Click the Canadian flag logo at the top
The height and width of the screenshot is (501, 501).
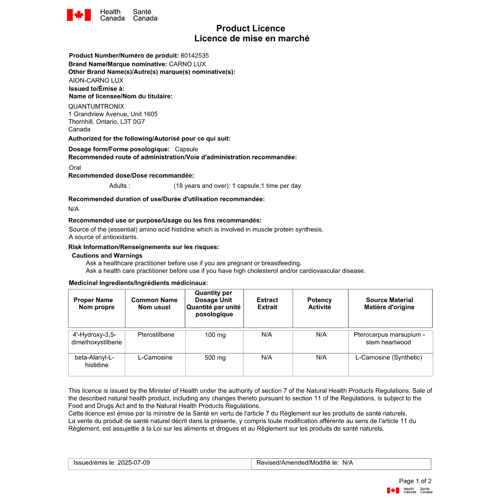click(x=79, y=15)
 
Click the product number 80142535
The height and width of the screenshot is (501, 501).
click(x=194, y=56)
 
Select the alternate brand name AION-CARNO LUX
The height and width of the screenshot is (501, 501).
click(x=96, y=80)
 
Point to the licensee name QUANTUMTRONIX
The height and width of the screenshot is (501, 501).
click(x=96, y=106)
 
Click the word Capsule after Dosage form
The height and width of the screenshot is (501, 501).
click(x=186, y=149)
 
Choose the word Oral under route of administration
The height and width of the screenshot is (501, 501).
click(x=75, y=167)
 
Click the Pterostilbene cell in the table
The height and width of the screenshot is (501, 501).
click(x=156, y=334)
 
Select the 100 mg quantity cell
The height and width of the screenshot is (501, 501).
click(x=215, y=335)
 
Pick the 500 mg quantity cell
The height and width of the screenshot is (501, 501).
click(x=215, y=358)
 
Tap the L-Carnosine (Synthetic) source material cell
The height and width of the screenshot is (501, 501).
click(x=389, y=358)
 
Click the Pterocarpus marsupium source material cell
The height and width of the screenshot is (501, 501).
click(x=389, y=338)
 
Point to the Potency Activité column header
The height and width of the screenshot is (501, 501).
click(x=320, y=303)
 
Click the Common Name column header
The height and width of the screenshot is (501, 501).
click(x=154, y=303)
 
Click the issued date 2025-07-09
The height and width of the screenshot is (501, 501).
click(x=134, y=462)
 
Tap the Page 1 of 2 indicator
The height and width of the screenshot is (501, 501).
click(x=415, y=481)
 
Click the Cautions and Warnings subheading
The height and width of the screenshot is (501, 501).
click(x=107, y=256)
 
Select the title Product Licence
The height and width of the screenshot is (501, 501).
click(x=250, y=29)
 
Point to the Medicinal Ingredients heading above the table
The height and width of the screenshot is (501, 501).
click(x=138, y=283)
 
